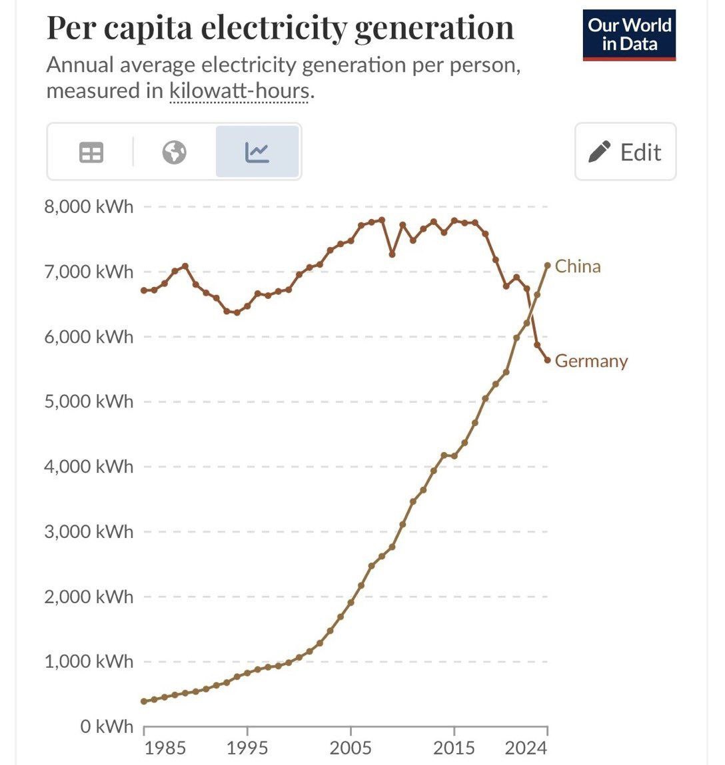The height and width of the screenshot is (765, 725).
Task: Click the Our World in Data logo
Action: click(x=629, y=35)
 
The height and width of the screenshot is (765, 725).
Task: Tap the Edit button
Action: click(x=625, y=152)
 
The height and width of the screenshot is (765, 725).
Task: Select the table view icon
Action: click(x=91, y=152)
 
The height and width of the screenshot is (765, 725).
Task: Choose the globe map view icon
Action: click(x=175, y=152)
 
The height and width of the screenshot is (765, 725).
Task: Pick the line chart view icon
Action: click(x=257, y=152)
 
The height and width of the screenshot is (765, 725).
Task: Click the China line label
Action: click(x=578, y=266)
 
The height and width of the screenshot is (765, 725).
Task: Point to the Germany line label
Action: click(x=591, y=361)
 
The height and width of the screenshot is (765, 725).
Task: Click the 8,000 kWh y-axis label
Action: click(x=89, y=206)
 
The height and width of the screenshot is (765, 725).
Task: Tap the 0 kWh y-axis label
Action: click(x=107, y=726)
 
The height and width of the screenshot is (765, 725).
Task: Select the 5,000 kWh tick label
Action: click(x=89, y=401)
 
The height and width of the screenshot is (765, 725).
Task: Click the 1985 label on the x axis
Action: click(x=165, y=748)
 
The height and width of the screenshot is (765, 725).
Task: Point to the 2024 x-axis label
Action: click(x=526, y=748)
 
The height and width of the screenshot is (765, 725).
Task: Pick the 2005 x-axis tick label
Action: click(x=351, y=748)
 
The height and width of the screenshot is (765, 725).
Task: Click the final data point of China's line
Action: click(x=548, y=265)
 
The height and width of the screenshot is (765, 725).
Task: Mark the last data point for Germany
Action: click(x=548, y=360)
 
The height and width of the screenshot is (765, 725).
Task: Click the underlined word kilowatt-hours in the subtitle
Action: click(x=239, y=90)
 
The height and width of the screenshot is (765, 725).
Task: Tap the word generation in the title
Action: click(x=434, y=28)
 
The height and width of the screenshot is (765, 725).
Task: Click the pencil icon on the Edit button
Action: click(x=599, y=152)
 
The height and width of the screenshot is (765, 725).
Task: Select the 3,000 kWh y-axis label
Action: click(x=89, y=531)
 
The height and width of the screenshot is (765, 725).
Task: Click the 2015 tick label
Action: click(x=454, y=748)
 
